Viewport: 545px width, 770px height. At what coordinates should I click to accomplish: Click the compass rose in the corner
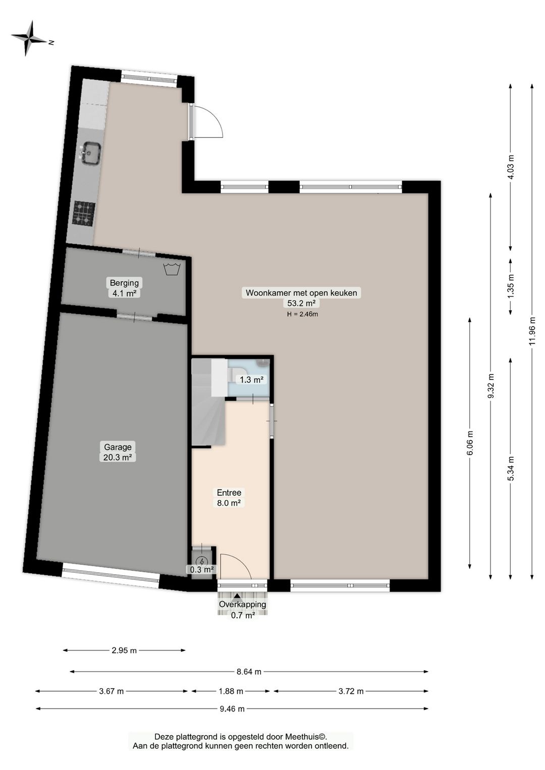[x=30, y=38]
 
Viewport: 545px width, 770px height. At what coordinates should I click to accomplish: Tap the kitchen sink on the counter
[x=91, y=153]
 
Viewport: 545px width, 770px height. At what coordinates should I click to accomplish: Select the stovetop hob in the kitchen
[x=84, y=213]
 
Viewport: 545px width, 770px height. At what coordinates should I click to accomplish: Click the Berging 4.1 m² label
[x=124, y=288]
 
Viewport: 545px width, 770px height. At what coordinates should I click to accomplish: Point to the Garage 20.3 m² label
[x=118, y=452]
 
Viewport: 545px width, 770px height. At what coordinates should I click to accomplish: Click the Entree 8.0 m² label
[x=229, y=498]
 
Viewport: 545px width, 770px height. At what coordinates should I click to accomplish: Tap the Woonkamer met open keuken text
[x=301, y=293]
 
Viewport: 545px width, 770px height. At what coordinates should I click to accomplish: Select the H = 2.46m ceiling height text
[x=302, y=314]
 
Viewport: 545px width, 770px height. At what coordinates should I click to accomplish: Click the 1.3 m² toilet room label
[x=252, y=380]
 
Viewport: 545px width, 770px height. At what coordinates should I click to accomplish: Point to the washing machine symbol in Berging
[x=172, y=269]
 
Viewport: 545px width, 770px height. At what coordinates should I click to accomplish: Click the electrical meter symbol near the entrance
[x=202, y=561]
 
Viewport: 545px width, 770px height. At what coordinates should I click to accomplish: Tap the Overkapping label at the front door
[x=242, y=604]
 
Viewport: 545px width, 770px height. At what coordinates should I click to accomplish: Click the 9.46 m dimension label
[x=232, y=709]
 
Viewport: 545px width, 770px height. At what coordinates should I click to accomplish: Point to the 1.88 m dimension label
[x=231, y=691]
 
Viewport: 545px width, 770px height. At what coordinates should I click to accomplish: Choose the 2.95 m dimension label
[x=124, y=650]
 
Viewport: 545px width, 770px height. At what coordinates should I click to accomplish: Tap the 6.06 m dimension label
[x=470, y=443]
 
